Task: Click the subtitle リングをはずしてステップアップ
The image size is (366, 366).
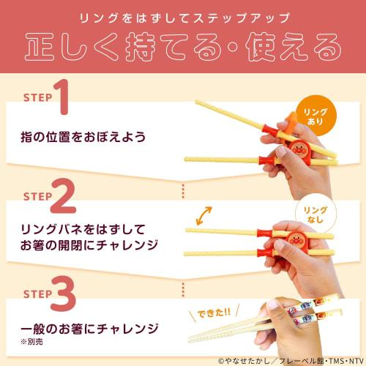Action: point(182,15)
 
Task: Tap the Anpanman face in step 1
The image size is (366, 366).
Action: point(301,152)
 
